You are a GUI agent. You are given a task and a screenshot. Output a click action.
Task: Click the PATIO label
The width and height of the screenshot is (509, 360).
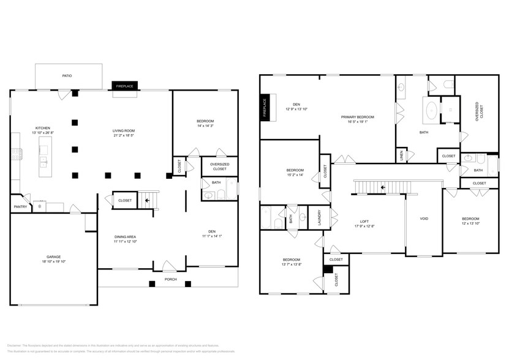pos(67,76)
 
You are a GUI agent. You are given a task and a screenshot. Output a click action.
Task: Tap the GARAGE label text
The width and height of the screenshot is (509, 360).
pos(53,257)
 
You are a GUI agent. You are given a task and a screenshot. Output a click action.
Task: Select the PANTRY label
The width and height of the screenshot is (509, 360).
pos(20,207)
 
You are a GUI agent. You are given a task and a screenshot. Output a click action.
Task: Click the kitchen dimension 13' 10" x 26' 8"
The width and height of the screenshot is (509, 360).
pos(43,133)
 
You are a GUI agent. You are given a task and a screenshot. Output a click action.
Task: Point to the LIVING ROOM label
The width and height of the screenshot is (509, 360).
pos(123,130)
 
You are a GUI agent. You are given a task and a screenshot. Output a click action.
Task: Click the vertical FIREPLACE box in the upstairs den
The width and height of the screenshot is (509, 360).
pos(265,107)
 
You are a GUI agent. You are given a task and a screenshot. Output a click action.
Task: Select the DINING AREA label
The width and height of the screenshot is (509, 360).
pos(125,237)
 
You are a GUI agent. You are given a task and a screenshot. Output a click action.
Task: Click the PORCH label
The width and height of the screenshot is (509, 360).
pos(170,279)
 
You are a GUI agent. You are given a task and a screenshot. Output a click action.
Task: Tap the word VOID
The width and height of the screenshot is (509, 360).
pos(424,219)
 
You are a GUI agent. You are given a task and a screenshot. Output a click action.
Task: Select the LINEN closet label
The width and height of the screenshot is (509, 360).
pos(402,156)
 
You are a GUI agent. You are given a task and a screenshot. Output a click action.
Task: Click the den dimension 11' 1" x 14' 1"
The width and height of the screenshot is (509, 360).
pos(212,236)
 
